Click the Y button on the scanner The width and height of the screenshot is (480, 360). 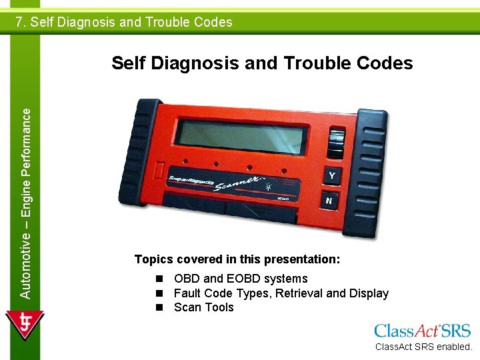(x=332, y=175)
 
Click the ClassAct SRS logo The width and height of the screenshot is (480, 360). (x=422, y=331)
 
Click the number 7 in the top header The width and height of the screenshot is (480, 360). (x=19, y=22)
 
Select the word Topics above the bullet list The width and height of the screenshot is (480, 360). (x=153, y=259)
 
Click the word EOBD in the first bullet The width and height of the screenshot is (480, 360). (x=244, y=279)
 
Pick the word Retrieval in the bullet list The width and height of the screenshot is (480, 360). (x=298, y=293)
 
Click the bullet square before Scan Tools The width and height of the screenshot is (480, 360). (x=160, y=307)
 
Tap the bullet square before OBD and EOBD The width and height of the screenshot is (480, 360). (x=160, y=279)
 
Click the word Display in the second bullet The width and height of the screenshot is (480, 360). (x=369, y=293)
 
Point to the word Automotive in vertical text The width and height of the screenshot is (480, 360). (x=25, y=267)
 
